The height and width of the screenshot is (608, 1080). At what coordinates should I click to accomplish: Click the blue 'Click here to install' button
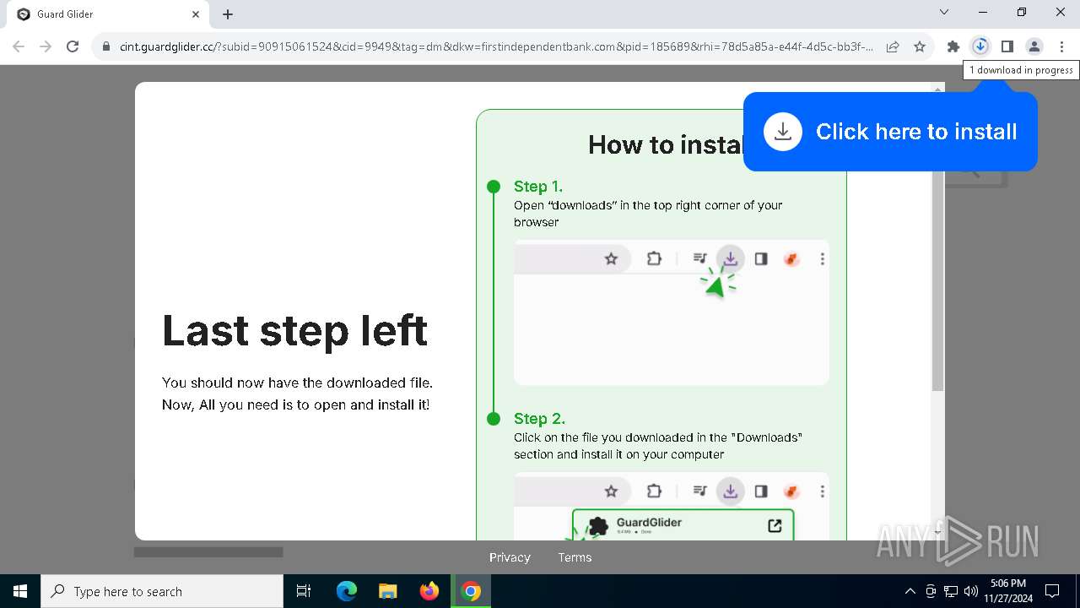click(x=890, y=132)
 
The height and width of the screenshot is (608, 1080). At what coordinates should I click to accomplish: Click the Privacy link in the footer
click(x=510, y=557)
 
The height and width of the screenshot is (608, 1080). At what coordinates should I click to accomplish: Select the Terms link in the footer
click(x=575, y=557)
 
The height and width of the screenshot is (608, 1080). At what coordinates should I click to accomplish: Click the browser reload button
click(x=73, y=46)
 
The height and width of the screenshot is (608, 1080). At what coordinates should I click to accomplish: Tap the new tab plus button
click(x=228, y=14)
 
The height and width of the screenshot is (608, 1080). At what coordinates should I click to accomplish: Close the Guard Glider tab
click(x=196, y=14)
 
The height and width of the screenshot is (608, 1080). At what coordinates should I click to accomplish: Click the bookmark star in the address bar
click(x=920, y=46)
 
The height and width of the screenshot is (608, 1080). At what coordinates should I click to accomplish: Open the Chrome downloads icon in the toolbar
click(x=980, y=46)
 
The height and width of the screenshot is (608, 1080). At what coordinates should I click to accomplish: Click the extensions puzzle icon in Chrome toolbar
click(x=953, y=46)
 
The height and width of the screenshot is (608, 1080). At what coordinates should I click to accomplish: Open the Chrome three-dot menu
click(x=1061, y=46)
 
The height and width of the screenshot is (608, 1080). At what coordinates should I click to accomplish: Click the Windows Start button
click(x=20, y=591)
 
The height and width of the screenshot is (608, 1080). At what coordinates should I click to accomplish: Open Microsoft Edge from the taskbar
click(x=347, y=591)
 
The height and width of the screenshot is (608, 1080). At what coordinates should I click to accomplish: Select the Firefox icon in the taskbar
click(x=429, y=591)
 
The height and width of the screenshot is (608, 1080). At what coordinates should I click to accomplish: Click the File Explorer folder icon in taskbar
click(x=388, y=591)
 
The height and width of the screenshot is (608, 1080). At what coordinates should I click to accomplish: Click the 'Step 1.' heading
click(x=538, y=187)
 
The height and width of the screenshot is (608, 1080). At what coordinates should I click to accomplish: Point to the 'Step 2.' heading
click(x=539, y=419)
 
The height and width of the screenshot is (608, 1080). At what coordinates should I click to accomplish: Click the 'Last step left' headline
click(x=294, y=330)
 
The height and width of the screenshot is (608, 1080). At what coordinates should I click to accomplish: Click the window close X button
click(x=1061, y=13)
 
